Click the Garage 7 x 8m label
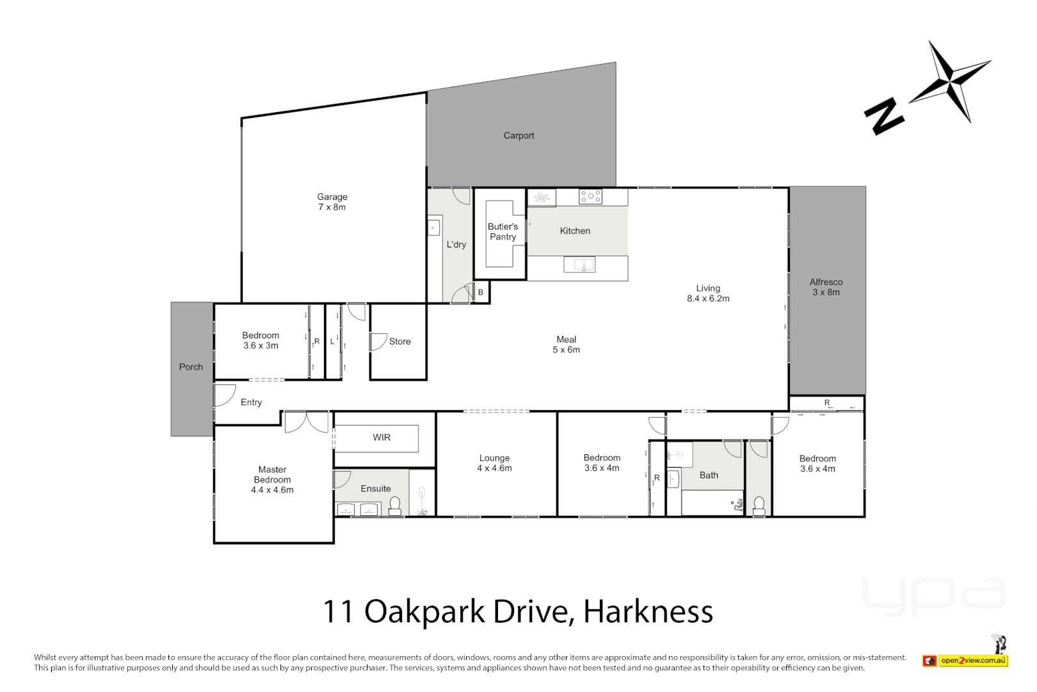(332, 202)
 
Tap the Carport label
(518, 136)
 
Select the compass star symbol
(950, 81)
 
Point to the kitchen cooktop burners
(590, 197)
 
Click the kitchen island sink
(579, 264)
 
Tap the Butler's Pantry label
(503, 232)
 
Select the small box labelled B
(481, 293)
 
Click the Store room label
(400, 342)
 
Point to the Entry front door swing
(224, 395)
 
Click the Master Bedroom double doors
(307, 422)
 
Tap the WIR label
(382, 438)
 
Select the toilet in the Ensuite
(395, 506)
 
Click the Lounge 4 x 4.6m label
(494, 463)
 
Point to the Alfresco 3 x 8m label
(826, 287)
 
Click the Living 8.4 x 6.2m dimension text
(708, 299)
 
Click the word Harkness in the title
(648, 611)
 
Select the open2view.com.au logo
(965, 660)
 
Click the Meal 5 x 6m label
(566, 345)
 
